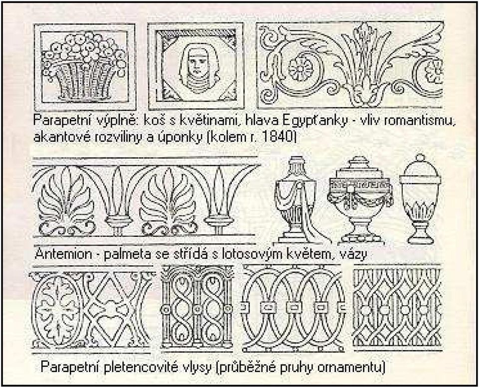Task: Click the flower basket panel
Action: (x=85, y=67)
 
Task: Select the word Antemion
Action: (x=63, y=254)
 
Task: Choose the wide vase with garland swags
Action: (x=360, y=199)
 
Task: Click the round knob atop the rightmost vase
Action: (x=420, y=158)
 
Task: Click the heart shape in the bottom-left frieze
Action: (x=109, y=323)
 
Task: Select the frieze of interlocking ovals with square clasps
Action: (x=294, y=309)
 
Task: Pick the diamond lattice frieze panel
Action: (x=398, y=308)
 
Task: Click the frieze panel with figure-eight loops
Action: (x=197, y=307)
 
